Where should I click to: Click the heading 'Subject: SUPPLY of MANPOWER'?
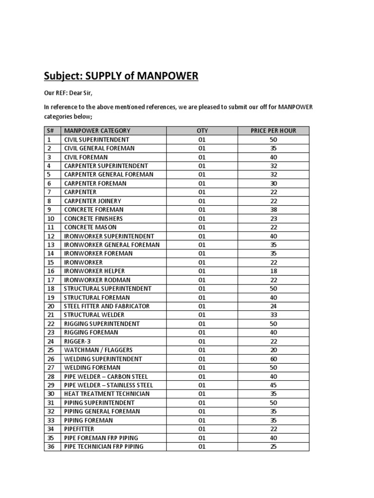[121, 76]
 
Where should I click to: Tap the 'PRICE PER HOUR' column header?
[273, 130]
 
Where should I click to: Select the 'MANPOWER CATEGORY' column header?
[97, 130]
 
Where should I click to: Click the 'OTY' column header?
[202, 130]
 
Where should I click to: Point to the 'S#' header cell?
[50, 130]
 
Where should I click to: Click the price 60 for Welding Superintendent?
[273, 359]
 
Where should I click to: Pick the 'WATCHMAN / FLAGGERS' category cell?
[98, 350]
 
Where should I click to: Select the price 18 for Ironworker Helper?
[273, 271]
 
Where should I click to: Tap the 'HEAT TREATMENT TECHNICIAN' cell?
[107, 394]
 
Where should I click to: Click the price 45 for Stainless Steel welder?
[273, 385]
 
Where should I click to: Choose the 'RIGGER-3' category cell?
[78, 341]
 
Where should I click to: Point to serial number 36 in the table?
[50, 446]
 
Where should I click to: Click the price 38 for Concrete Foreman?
[273, 210]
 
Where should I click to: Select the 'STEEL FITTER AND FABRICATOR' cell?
[107, 306]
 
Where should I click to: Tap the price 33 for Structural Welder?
[273, 315]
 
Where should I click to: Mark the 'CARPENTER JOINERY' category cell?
[93, 201]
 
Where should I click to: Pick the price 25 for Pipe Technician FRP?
[273, 446]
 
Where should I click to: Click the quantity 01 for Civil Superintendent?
[202, 139]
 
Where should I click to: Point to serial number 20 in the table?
[50, 306]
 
